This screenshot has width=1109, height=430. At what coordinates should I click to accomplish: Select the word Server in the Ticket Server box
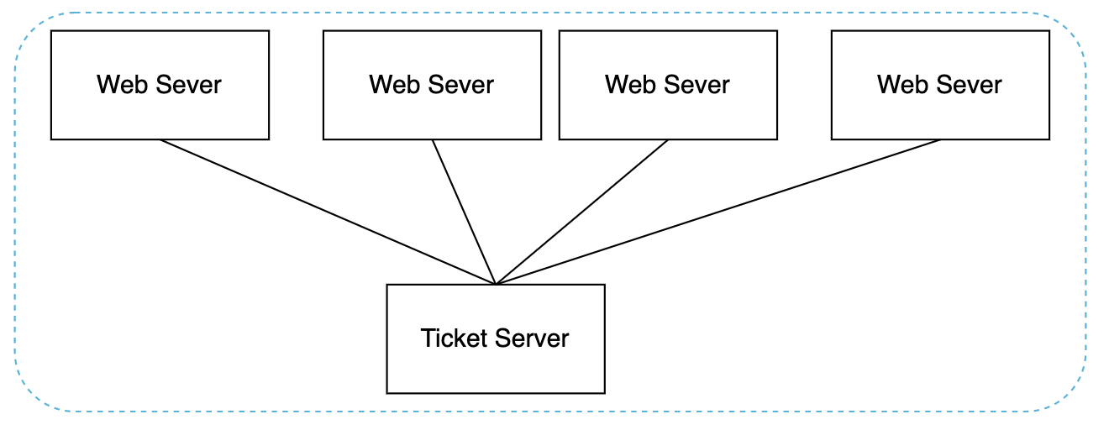[x=532, y=338]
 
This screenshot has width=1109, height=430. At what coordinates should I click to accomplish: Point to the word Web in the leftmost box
[x=120, y=85]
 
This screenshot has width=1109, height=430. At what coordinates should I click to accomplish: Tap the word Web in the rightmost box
[x=901, y=85]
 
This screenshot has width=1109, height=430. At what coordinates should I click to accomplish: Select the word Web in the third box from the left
[x=628, y=85]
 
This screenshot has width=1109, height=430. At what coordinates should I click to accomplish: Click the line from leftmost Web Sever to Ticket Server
[x=328, y=212]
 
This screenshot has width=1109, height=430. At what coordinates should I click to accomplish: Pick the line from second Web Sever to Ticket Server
[x=464, y=212]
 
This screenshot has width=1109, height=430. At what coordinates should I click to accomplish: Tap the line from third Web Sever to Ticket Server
[x=582, y=212]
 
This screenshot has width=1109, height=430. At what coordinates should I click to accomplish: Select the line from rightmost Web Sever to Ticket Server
[x=718, y=212]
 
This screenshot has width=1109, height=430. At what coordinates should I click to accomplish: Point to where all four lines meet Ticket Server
[x=497, y=284]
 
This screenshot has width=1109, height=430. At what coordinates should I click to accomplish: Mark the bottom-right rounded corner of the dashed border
[x=1071, y=396]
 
